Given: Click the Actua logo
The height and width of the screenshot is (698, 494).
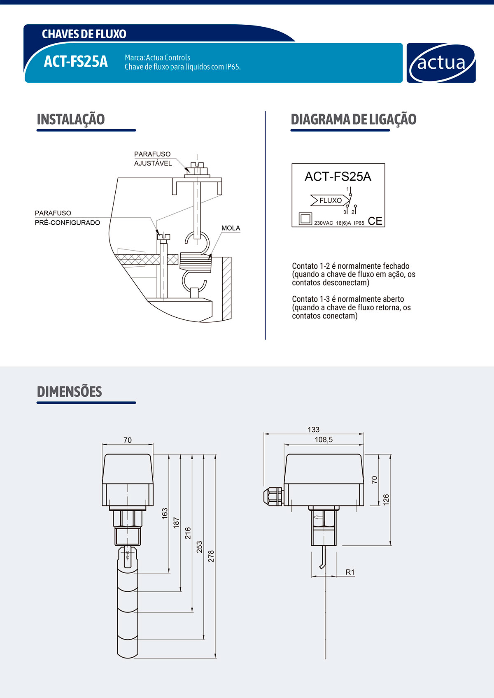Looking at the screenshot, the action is pyautogui.click(x=441, y=63).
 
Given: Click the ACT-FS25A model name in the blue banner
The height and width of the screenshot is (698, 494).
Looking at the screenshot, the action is pyautogui.click(x=76, y=61).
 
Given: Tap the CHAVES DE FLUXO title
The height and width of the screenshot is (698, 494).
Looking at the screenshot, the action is pyautogui.click(x=84, y=34).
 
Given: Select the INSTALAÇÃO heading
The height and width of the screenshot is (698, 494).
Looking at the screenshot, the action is pyautogui.click(x=71, y=120).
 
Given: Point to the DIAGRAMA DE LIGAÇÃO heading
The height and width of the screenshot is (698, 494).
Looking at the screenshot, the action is pyautogui.click(x=354, y=120).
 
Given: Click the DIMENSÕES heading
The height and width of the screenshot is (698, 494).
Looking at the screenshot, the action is pyautogui.click(x=70, y=391).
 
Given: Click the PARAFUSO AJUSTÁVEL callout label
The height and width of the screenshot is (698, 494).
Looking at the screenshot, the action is pyautogui.click(x=153, y=158).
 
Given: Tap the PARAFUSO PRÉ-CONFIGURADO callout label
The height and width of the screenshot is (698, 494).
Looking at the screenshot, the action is pyautogui.click(x=68, y=218).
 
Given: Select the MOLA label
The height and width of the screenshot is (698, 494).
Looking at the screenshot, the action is pyautogui.click(x=231, y=228).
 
